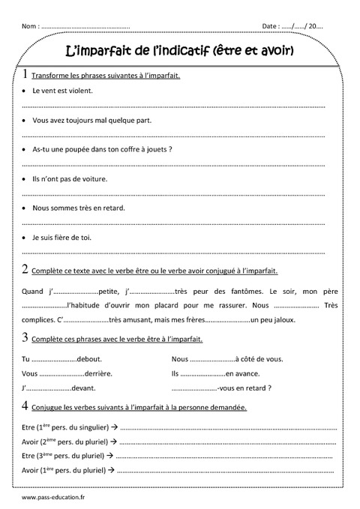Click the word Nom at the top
click(29, 26)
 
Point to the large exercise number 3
click(26, 337)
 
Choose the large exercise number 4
click(26, 406)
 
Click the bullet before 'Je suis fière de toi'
click(25, 238)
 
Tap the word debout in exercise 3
click(88, 358)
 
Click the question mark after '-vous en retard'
click(269, 388)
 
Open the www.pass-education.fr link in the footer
click(55, 496)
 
